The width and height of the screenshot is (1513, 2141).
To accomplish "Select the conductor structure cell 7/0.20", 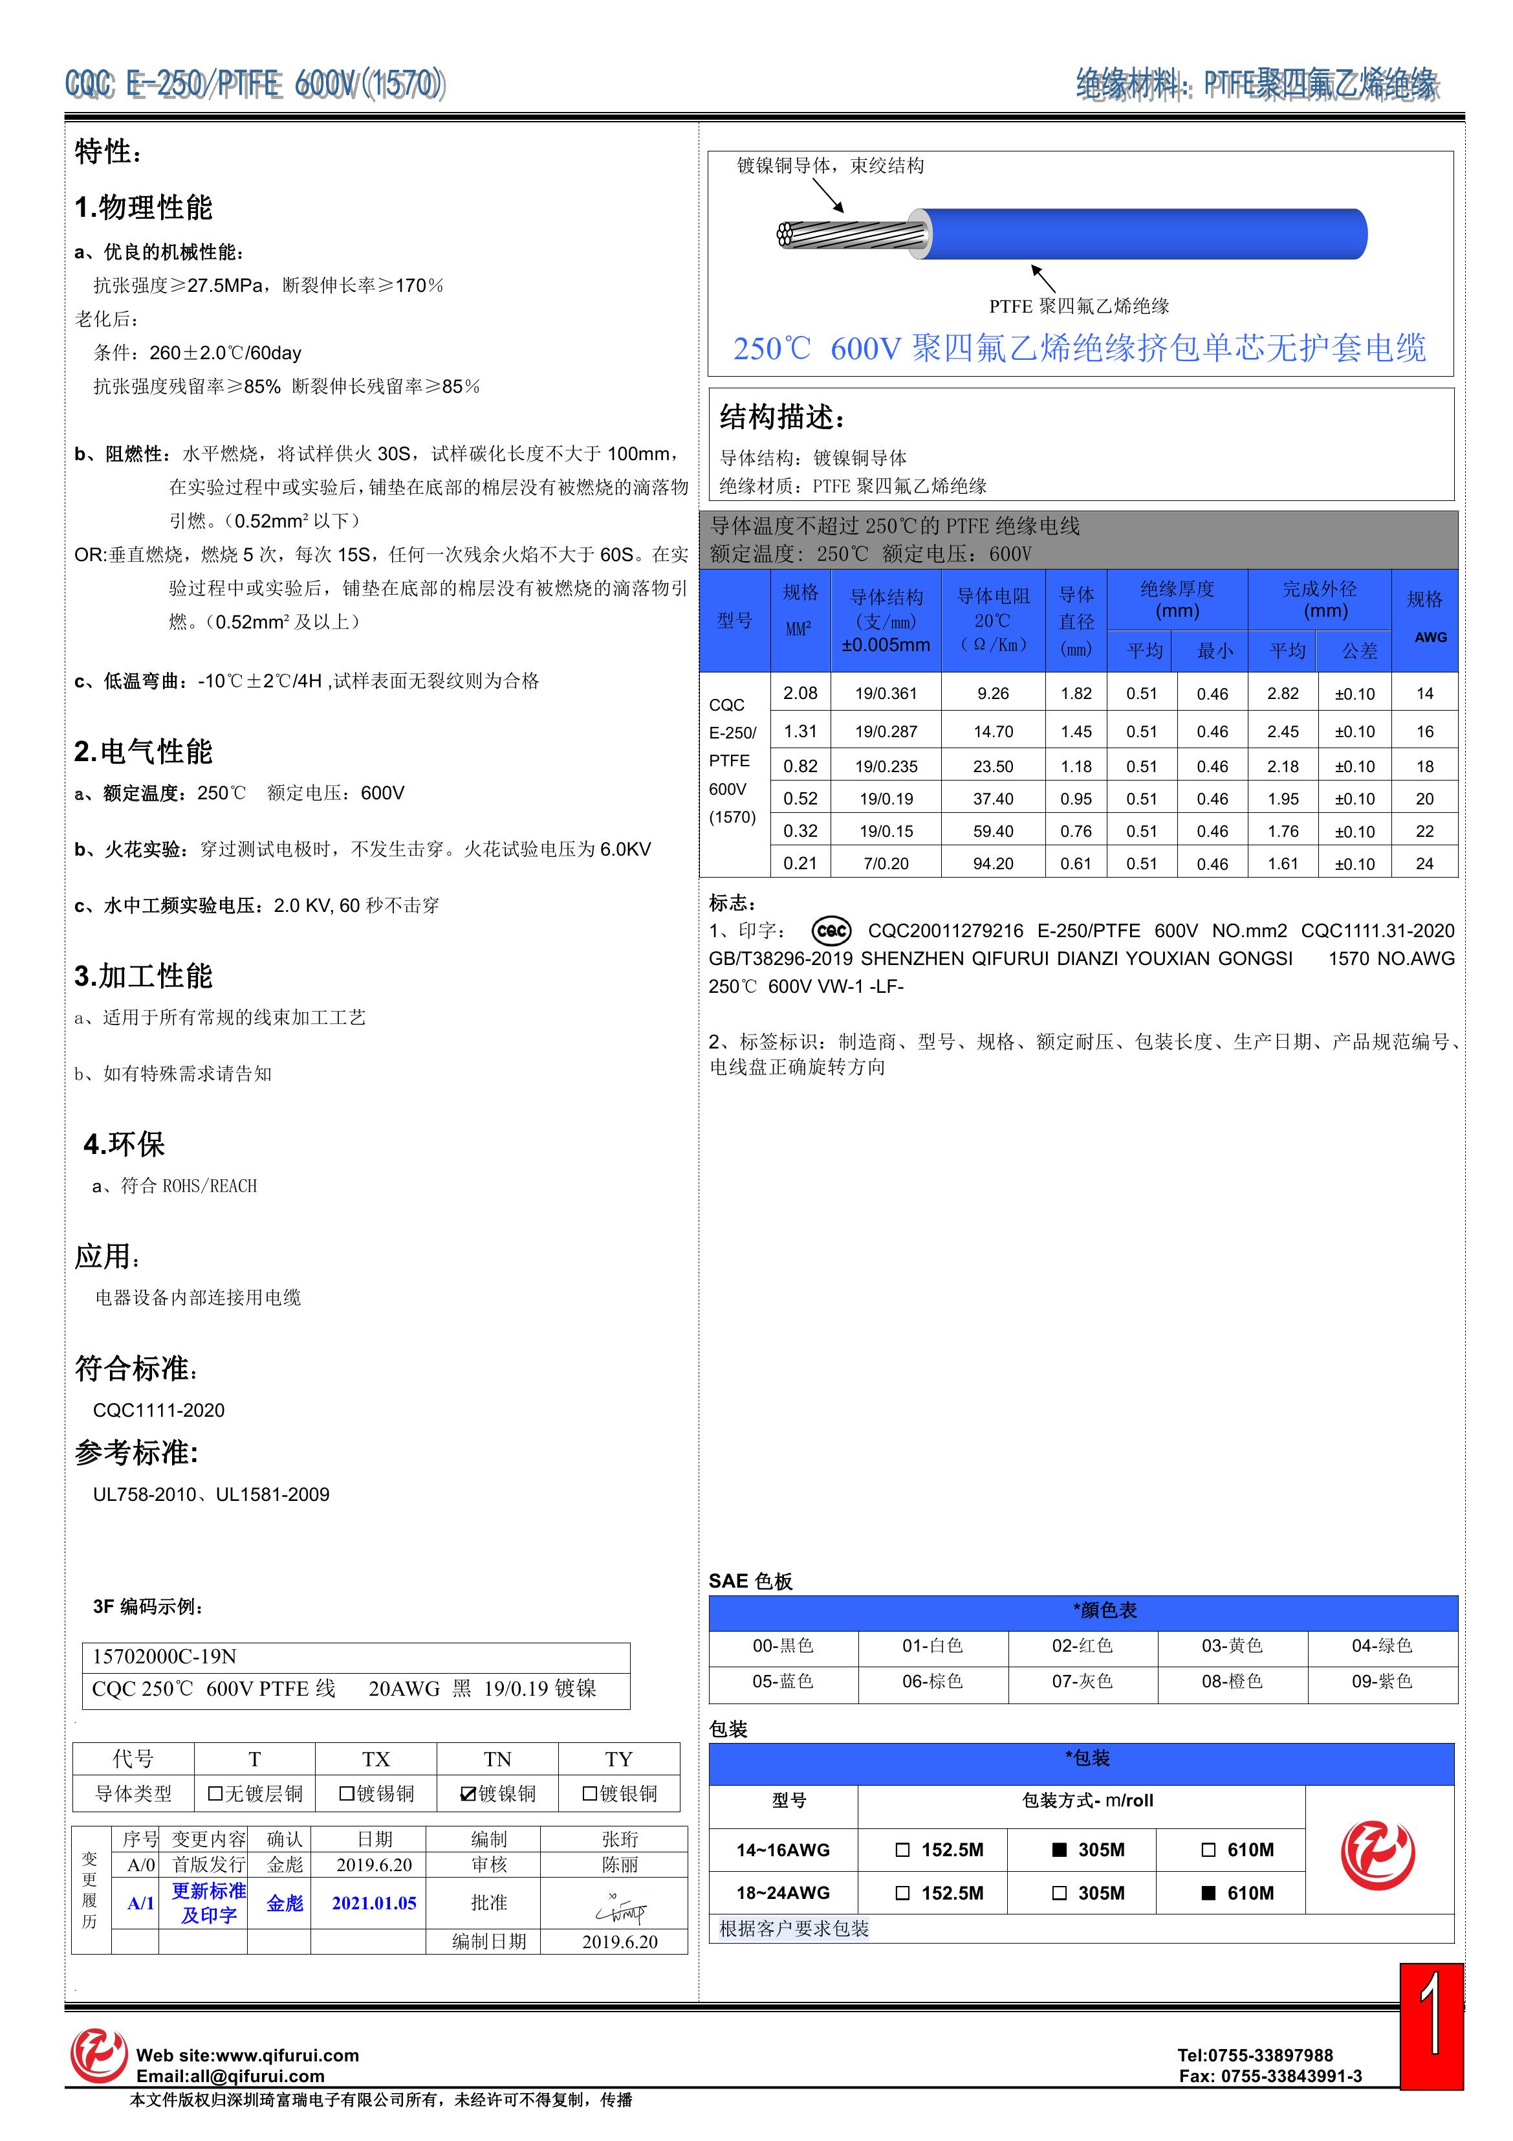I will [886, 863].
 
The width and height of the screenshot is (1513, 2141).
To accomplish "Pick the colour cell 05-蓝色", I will [783, 1681].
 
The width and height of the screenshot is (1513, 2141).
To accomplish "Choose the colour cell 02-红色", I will [1082, 1646].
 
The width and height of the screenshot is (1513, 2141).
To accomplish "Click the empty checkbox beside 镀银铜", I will [589, 1794].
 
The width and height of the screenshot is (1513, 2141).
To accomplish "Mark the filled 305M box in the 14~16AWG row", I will [1059, 1850].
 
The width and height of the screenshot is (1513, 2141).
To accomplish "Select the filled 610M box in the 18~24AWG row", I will [1208, 1893].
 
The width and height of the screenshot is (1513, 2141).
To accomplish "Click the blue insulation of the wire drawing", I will [1147, 234].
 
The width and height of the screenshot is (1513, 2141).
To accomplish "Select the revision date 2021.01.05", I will [374, 1903].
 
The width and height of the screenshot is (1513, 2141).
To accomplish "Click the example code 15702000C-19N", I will [164, 1657].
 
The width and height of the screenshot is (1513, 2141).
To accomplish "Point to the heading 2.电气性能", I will [144, 751].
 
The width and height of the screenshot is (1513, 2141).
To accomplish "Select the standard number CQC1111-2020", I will [158, 1410].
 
